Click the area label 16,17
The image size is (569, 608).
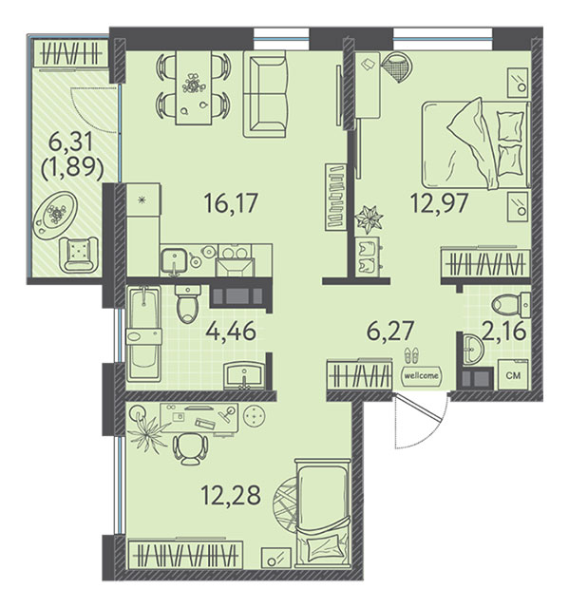pos(231,203)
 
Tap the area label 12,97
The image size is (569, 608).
pos(440,203)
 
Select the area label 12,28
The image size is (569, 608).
pos(231,495)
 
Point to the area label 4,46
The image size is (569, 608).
pos(231,332)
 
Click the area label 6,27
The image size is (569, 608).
pos(390,332)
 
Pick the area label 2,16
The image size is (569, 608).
pos(504,332)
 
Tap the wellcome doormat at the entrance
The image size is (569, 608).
pos(422,375)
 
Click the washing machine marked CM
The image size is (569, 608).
pos(513,374)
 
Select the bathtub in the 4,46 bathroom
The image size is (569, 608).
pos(144,333)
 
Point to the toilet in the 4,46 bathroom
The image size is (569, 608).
pos(187,304)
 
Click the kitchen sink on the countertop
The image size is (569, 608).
pos(175,260)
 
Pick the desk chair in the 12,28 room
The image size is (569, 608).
pos(190,448)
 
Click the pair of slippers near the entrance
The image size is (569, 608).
pos(411,355)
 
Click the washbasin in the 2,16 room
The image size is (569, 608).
pos(472,350)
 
